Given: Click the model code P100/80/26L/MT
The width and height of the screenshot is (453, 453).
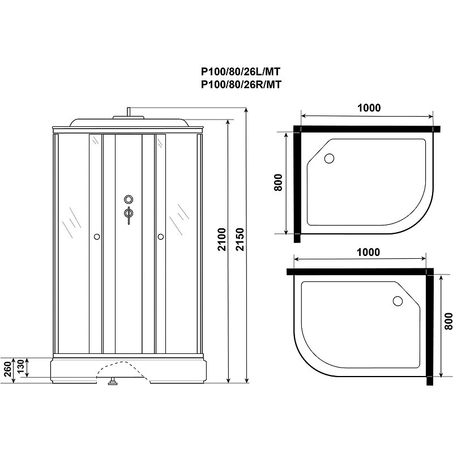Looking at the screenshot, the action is click(x=241, y=71).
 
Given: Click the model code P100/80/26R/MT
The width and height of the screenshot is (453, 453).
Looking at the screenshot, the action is click(x=241, y=84).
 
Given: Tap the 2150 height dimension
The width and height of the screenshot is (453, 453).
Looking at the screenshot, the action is click(x=240, y=239).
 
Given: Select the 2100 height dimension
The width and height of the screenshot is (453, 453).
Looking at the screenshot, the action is click(x=221, y=239).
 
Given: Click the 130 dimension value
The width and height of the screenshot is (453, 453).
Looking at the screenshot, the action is click(x=21, y=366).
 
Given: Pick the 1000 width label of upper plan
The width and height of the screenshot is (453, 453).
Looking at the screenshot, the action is click(x=369, y=108).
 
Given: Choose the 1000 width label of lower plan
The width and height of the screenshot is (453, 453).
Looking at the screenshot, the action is click(x=368, y=252).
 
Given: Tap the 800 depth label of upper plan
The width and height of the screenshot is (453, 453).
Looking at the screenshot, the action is click(x=278, y=182).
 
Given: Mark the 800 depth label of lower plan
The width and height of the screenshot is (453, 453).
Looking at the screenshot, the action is click(x=448, y=320).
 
